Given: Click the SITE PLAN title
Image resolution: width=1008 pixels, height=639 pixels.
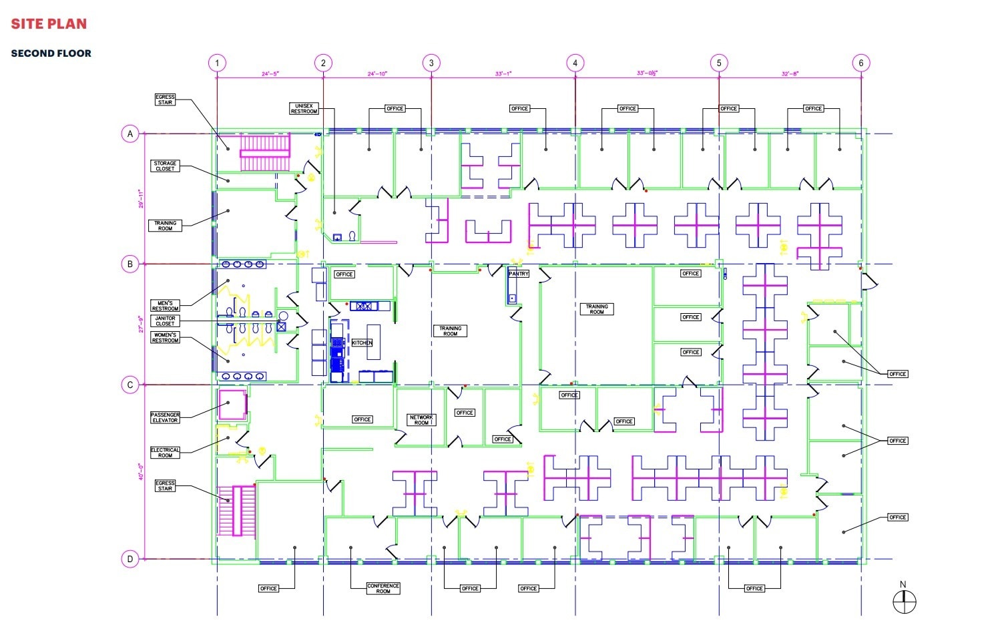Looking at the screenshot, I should click(49, 24).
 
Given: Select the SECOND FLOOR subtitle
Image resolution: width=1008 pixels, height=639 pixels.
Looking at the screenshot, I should click(51, 53).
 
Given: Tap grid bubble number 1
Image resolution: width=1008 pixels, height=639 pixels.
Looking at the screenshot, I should click(217, 63).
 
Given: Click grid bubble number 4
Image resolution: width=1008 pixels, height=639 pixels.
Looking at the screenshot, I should click(575, 63).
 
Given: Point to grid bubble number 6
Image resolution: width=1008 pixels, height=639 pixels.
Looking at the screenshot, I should click(860, 63).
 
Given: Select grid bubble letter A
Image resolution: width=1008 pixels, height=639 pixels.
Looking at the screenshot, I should click(130, 134).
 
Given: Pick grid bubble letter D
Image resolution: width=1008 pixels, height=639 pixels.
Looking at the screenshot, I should click(130, 559).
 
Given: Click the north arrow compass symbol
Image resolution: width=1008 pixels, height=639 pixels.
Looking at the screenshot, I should click(905, 602).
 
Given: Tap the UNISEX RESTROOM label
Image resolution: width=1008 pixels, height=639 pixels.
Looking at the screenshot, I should click(304, 108).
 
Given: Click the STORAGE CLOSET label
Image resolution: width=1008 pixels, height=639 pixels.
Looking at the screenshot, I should click(165, 166).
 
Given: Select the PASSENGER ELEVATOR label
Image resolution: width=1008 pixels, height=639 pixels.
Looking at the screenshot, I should click(165, 417).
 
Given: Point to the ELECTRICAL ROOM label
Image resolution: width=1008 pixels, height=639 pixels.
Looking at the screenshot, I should click(165, 453).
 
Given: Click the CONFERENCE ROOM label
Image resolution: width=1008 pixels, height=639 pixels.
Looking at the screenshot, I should click(383, 588).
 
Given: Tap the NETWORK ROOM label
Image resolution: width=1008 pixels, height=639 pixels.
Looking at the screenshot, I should click(421, 420).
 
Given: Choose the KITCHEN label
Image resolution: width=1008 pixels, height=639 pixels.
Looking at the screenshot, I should click(362, 343).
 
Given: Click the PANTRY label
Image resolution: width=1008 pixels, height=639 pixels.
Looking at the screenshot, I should click(519, 274).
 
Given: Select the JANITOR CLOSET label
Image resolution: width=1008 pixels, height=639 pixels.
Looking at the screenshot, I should click(165, 321).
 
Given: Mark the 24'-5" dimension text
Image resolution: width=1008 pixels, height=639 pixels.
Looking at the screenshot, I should click(270, 74).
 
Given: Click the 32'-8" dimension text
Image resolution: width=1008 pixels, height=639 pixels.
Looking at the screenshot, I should click(790, 74).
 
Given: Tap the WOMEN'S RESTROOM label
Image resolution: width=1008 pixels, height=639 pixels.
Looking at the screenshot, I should click(165, 338).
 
